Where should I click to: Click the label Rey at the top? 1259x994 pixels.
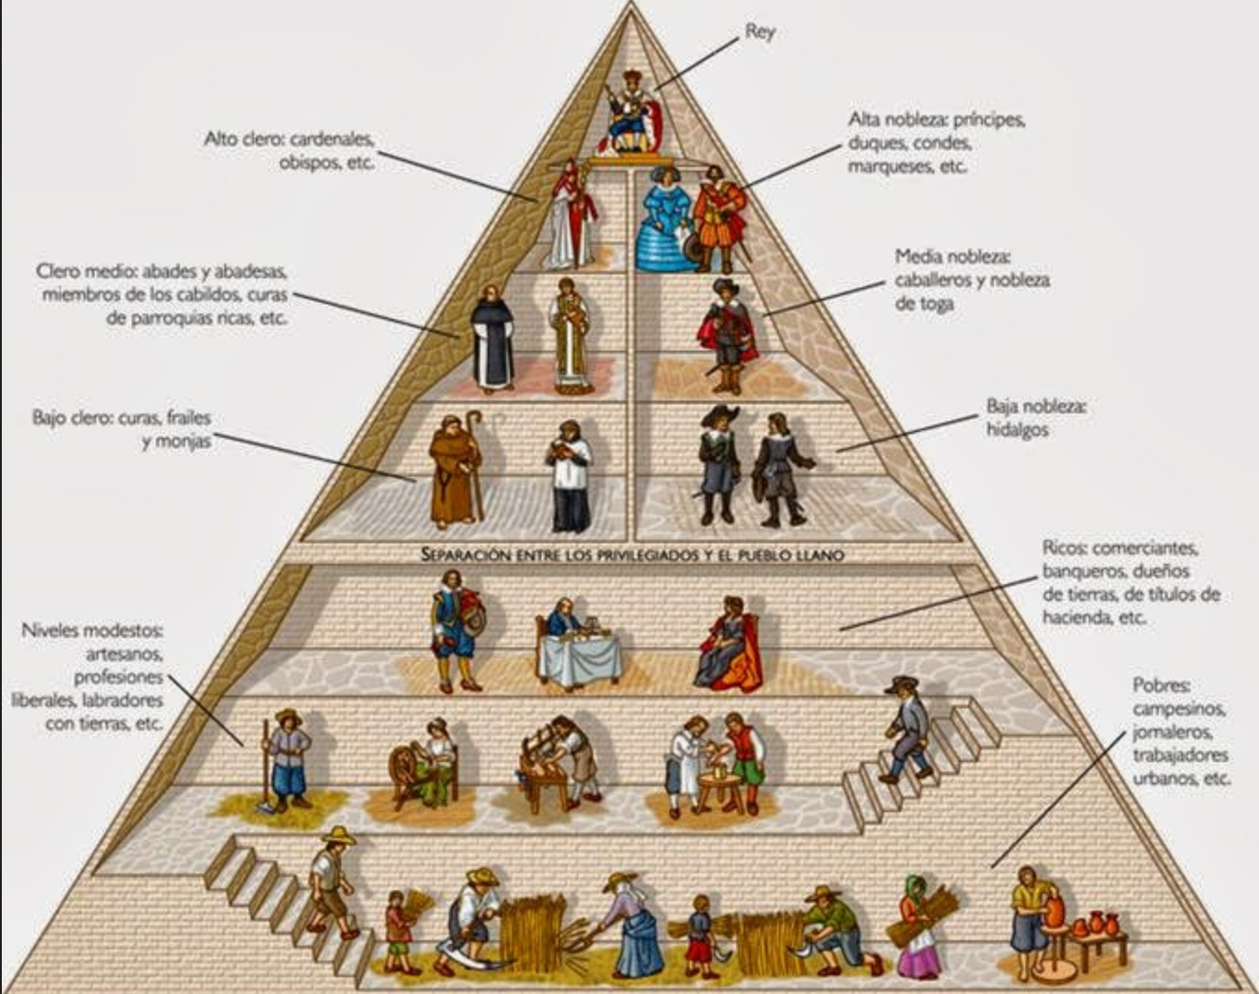point(759,32)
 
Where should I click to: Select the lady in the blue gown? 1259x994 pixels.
point(664,221)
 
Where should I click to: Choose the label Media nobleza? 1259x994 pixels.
point(952,256)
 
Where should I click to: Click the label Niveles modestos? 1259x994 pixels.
point(92,631)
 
